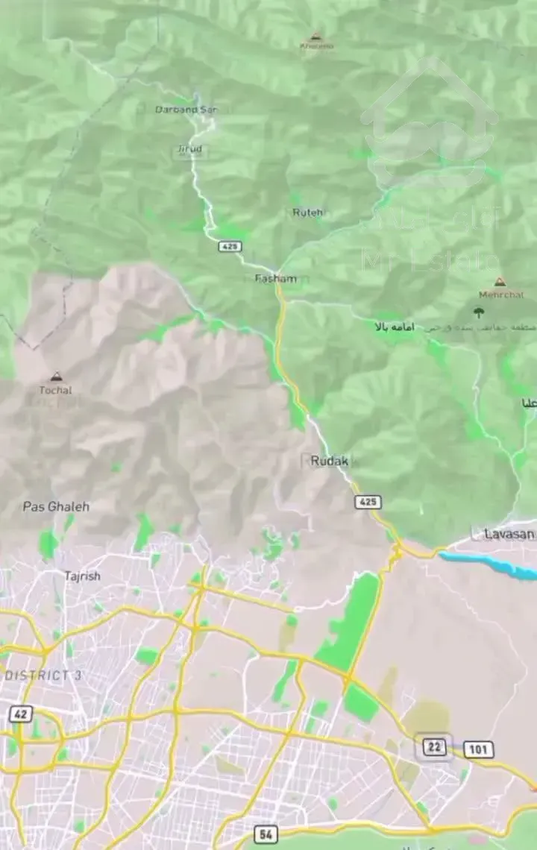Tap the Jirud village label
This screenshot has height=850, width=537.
[189, 149]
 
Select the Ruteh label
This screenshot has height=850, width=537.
[307, 212]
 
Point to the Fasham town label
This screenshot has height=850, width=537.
[275, 279]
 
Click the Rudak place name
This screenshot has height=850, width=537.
[329, 462]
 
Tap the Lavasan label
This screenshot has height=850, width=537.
[509, 534]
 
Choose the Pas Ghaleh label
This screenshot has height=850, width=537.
[56, 507]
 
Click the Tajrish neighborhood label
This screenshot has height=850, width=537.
[82, 576]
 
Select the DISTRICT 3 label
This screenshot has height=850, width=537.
[43, 676]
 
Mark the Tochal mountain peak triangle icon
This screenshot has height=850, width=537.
[55, 377]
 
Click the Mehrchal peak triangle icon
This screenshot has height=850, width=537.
[500, 282]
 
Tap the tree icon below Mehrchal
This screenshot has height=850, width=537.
[479, 312]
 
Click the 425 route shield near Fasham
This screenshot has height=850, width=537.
[230, 246]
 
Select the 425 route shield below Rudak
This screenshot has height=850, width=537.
[368, 502]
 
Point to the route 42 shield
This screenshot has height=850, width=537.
[21, 714]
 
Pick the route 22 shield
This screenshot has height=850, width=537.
[433, 746]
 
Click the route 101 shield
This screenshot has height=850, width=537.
[477, 749]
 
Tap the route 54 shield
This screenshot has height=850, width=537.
[266, 834]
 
